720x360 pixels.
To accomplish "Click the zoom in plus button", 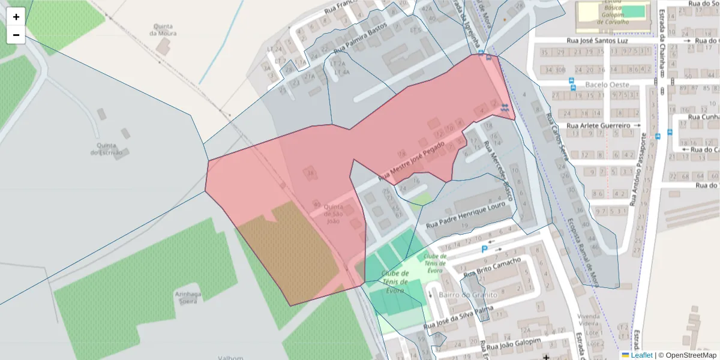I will coord(16,17).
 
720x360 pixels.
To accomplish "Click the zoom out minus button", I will coord(16,35).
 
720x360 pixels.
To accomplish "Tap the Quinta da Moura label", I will coord(163,30).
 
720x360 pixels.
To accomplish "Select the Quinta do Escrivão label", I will coord(106,149).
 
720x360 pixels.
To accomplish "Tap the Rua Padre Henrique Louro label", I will coord(467,215).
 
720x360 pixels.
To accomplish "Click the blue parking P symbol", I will coord(485,249).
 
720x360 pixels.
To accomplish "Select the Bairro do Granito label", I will coord(468,295).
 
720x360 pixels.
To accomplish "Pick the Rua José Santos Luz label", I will coord(597,41).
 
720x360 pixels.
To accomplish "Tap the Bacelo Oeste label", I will coord(607,85).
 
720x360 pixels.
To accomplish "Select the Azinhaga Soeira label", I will coord(188,298).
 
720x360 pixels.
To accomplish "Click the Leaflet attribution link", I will coord(641,355).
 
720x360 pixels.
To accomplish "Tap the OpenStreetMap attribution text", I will coord(691,355).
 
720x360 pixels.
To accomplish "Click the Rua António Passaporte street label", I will coord(640,170).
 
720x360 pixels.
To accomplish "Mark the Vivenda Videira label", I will coord(589,320).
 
